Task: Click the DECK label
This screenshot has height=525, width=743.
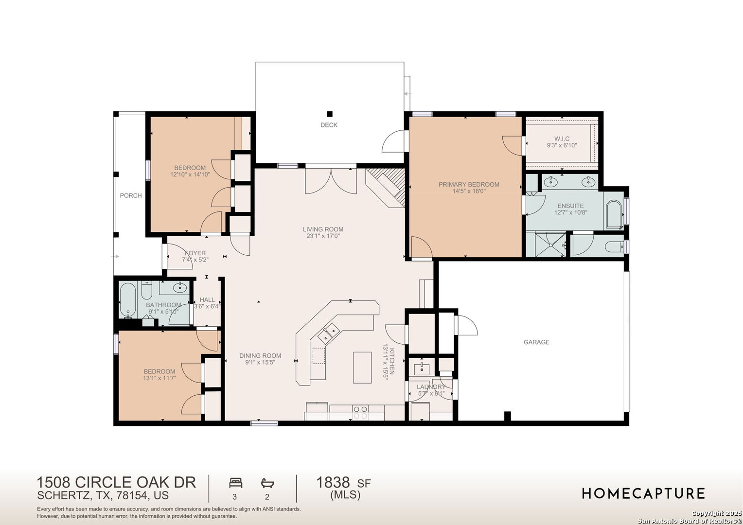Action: [329, 125]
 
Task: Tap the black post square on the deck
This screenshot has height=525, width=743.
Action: [330, 114]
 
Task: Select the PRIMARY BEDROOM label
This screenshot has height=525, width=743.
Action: [469, 184]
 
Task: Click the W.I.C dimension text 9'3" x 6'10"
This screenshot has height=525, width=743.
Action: [562, 145]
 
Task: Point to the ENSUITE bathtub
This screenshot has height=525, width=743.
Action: [615, 214]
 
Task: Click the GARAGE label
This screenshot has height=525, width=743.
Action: [536, 342]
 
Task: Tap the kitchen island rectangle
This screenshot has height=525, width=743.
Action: [362, 367]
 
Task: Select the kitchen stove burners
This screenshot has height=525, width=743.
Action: [360, 412]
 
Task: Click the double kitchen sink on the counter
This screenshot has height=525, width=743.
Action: [329, 334]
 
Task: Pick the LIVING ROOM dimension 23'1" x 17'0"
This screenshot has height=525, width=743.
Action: [323, 236]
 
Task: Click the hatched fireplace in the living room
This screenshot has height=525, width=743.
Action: [386, 187]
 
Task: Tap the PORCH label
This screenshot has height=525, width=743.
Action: [131, 196]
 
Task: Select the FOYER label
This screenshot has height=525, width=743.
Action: [195, 253]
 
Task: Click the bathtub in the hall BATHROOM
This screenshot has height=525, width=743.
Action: [128, 300]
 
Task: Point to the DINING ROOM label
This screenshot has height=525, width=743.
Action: [260, 356]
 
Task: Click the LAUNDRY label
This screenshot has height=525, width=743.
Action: [431, 387]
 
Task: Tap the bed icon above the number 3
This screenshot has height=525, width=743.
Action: [235, 483]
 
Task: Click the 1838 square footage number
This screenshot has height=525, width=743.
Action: [333, 483]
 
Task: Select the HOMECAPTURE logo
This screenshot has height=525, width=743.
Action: [643, 493]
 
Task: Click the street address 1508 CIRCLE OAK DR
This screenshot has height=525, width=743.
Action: [116, 483]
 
